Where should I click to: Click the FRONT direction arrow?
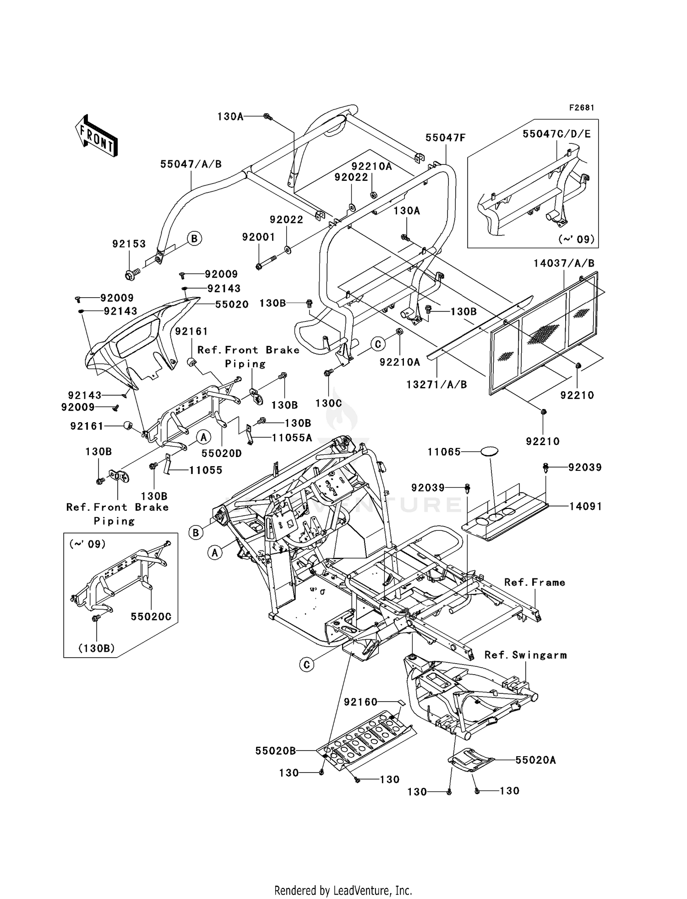(x=97, y=136)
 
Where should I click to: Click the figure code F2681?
(x=582, y=108)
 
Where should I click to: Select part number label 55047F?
(x=445, y=137)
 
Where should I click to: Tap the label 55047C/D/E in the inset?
(x=556, y=134)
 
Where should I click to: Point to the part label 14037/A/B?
(x=564, y=263)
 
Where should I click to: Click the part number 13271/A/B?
(x=436, y=385)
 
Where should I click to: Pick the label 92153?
(x=129, y=244)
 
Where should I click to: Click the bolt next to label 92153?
(x=130, y=275)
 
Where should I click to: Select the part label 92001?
(x=258, y=237)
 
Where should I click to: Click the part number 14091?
(x=585, y=506)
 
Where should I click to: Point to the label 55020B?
(x=275, y=751)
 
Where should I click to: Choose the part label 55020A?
(x=535, y=760)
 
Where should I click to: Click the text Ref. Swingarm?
(x=525, y=655)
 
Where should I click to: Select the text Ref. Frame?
(x=534, y=582)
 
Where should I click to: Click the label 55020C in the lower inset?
(x=151, y=616)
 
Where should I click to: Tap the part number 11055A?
(x=292, y=437)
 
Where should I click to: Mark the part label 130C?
(x=328, y=404)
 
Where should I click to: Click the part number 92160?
(x=360, y=702)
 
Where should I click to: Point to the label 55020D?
(x=221, y=453)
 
